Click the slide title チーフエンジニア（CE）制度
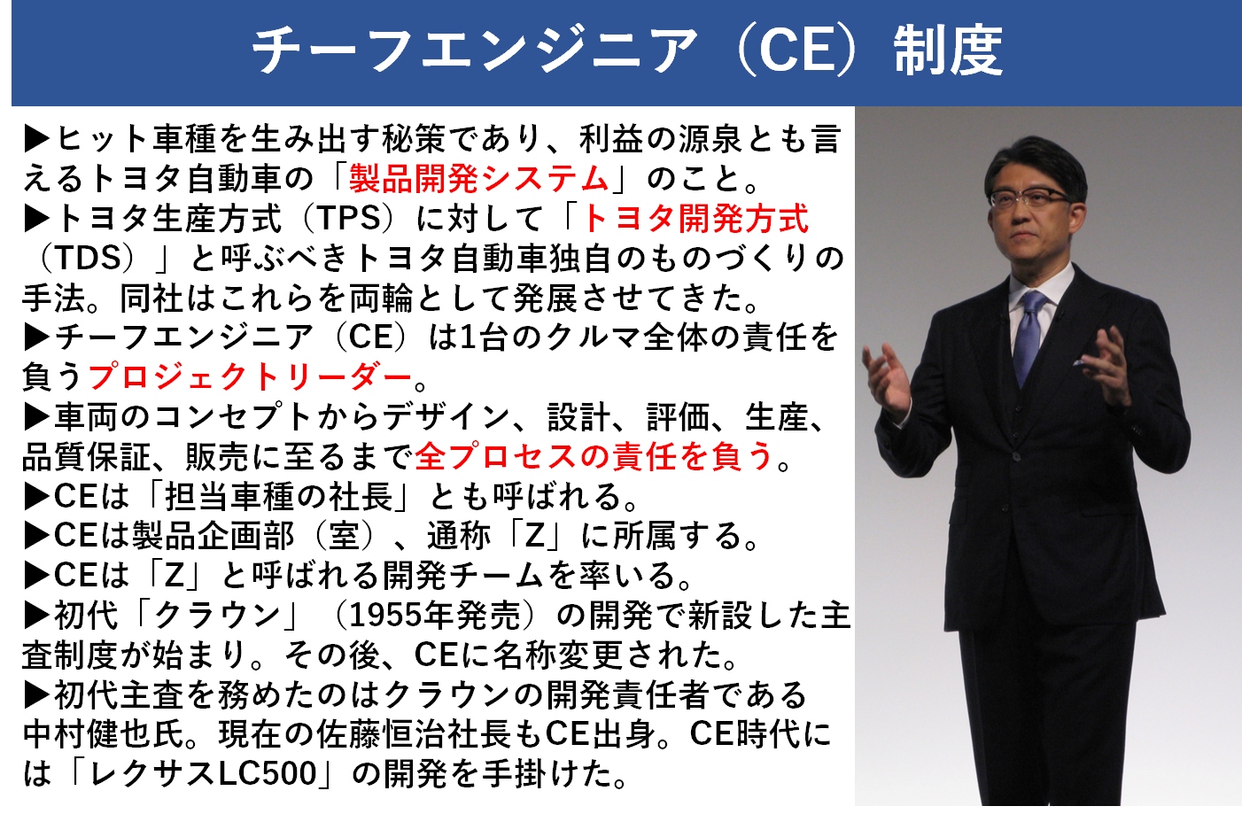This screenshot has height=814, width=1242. click(627, 50)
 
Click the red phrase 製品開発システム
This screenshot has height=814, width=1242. click(479, 179)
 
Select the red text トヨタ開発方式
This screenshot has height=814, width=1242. click(695, 218)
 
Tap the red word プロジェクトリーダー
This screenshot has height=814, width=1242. click(250, 376)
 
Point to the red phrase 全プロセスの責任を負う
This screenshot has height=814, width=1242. click(594, 456)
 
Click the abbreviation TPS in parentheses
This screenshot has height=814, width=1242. click(349, 218)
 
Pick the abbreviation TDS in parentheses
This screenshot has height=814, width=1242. click(88, 258)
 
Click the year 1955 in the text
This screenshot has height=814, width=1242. click(383, 615)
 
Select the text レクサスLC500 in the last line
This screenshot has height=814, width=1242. click(203, 773)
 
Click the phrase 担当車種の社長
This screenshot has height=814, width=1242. click(279, 496)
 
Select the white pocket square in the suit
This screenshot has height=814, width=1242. click(1080, 363)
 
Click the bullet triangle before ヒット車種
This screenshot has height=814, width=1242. click(36, 139)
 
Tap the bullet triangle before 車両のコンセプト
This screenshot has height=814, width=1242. click(36, 416)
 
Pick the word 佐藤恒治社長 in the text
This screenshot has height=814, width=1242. click(414, 733)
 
